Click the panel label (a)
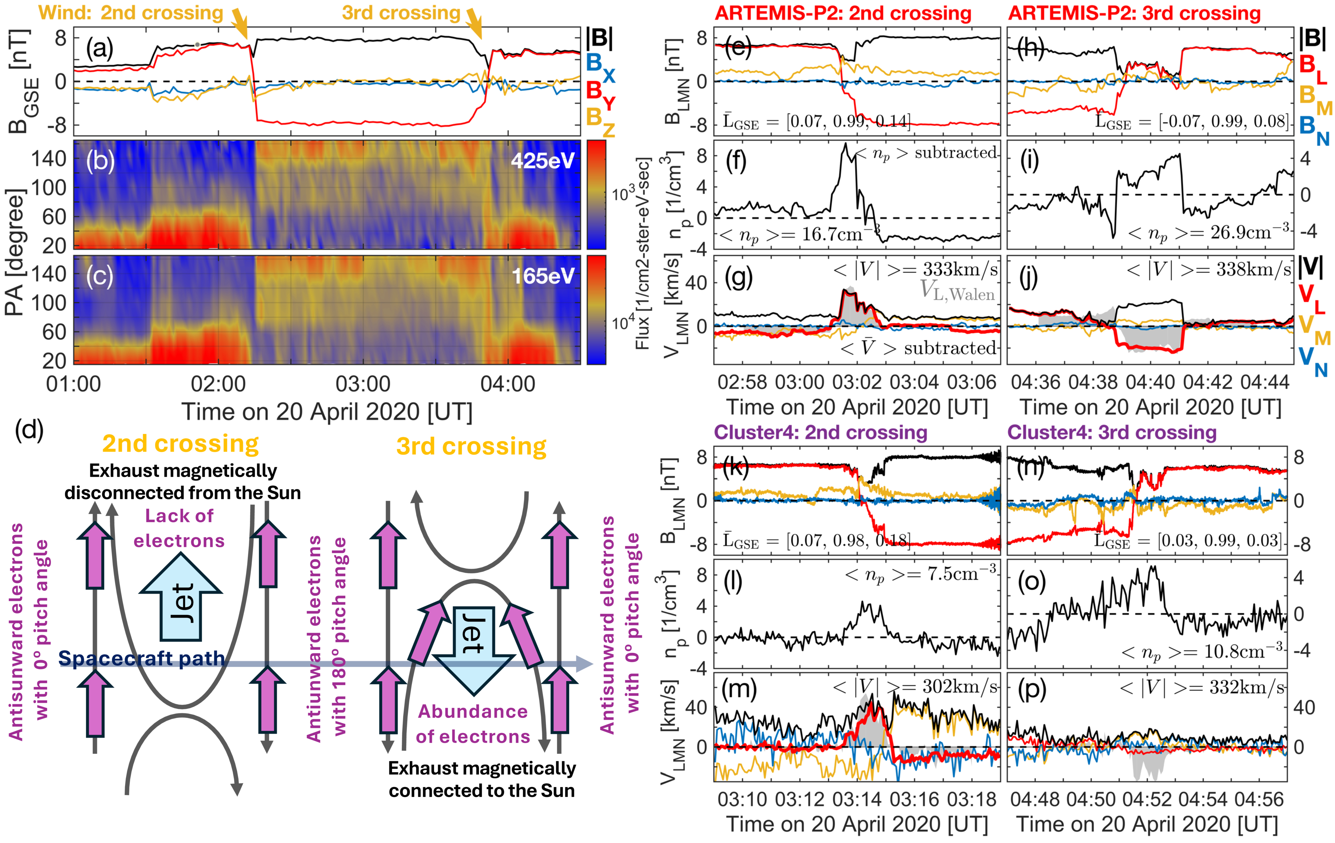100,49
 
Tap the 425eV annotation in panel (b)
542,161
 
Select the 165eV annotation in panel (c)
542,276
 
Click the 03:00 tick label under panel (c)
363,384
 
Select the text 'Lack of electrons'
179,528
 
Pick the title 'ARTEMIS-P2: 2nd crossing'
843,13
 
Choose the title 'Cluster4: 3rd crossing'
1112,432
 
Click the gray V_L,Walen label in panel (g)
957,291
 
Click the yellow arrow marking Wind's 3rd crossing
475,23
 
